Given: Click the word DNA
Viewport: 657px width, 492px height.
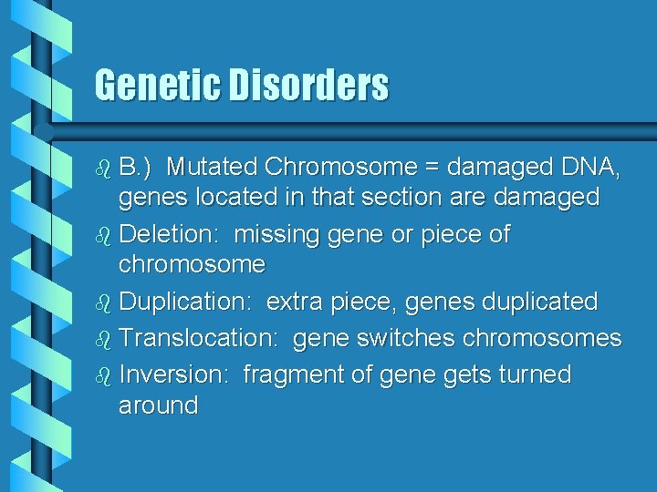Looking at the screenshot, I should coord(591,167).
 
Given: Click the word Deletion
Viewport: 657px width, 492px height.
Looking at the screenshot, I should coord(172,234).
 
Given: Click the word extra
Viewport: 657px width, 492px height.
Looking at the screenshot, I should coord(294,301).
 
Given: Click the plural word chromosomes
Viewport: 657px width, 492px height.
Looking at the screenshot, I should coord(542,338).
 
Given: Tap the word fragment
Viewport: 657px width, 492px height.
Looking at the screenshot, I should coord(287,374).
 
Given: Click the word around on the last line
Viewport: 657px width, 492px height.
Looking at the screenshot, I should coord(158,405).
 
